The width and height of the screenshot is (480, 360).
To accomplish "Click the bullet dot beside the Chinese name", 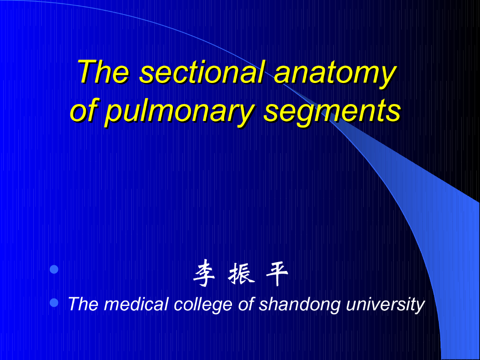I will (x=54, y=269).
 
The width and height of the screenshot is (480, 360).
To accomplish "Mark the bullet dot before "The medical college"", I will (x=54, y=303).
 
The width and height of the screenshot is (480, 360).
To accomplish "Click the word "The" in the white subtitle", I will (x=83, y=304).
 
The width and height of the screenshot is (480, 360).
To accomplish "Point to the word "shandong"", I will (x=300, y=305).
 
